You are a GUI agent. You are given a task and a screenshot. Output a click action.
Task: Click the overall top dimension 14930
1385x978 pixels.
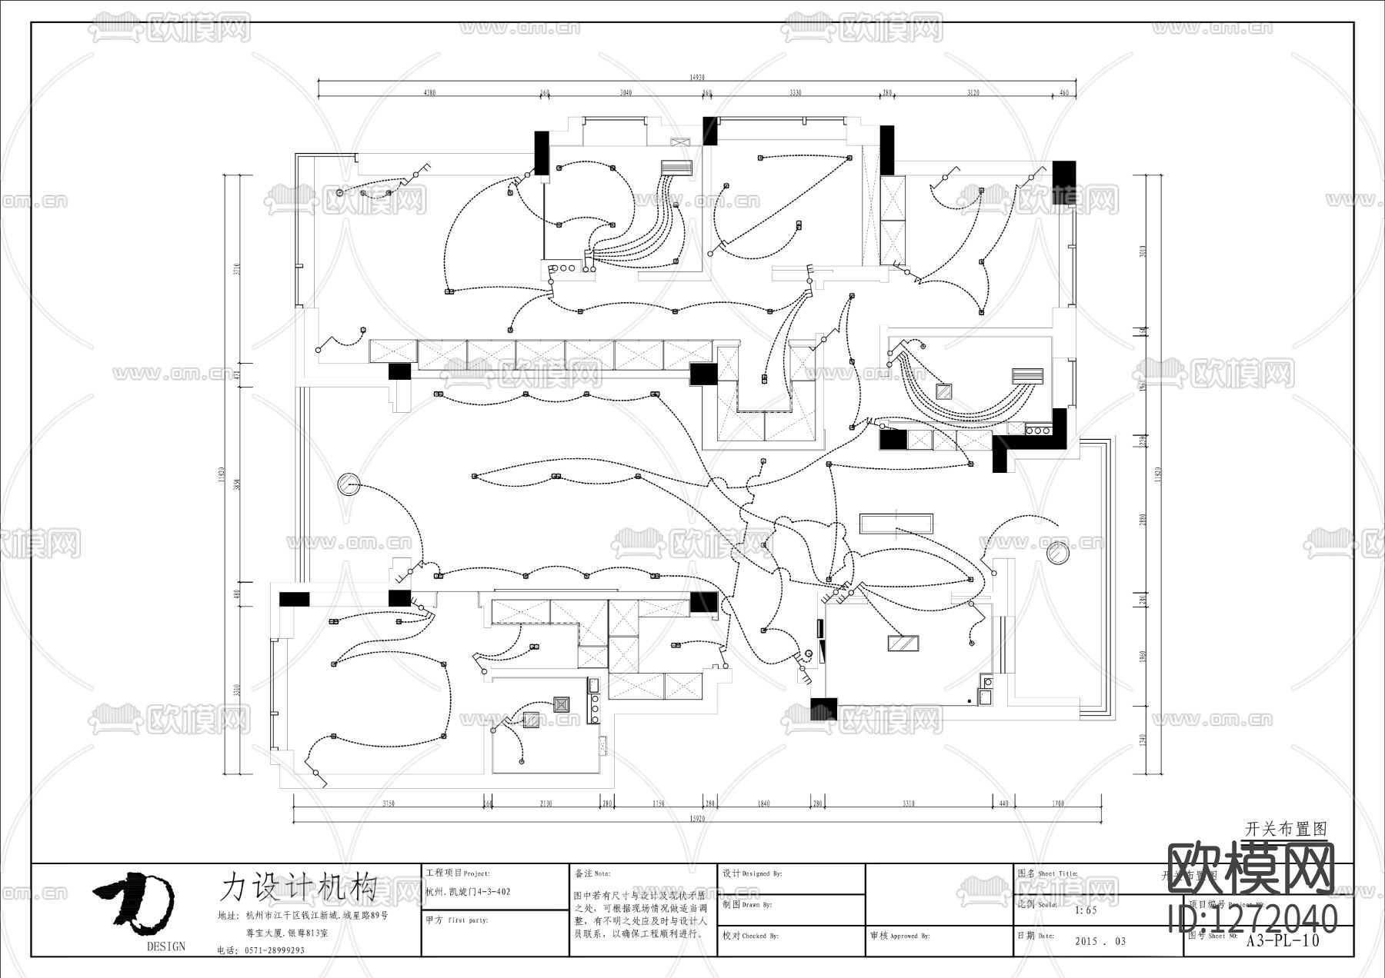pos(696,77)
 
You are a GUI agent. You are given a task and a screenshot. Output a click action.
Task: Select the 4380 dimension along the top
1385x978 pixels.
pos(430,93)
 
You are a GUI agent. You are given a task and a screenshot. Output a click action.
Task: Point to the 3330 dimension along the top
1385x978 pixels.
pos(795,93)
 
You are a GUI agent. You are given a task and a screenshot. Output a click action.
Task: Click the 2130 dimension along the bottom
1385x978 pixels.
pos(546,803)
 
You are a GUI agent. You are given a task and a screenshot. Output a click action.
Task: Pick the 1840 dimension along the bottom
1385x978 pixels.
pos(763,803)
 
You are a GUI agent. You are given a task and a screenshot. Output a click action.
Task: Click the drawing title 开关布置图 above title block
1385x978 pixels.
pos(1286,830)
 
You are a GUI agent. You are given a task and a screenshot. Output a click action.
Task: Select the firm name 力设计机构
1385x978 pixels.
pos(298,887)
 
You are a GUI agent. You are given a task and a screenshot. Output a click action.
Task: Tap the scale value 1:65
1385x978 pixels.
pos(1085,910)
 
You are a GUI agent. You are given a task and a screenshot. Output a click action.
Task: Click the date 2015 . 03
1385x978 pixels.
pos(1100,941)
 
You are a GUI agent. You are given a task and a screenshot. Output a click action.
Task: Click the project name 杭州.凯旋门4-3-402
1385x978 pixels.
pos(467,892)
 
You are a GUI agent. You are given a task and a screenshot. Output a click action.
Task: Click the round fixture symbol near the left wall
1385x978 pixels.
pos(349,484)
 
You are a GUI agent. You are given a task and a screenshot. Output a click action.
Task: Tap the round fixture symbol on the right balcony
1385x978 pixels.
pos(1059,553)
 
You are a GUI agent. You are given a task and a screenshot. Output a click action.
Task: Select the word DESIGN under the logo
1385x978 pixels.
pos(165,946)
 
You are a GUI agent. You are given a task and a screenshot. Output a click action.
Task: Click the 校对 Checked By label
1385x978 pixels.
pos(750,936)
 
